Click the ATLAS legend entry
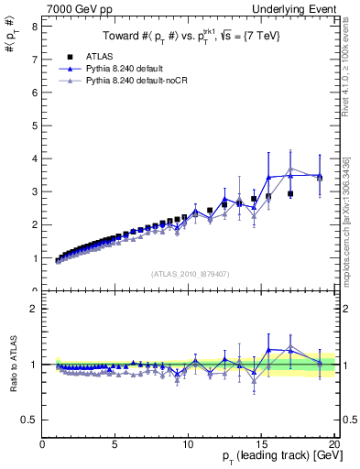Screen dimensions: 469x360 [101, 56]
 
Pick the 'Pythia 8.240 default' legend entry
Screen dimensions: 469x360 [129, 69]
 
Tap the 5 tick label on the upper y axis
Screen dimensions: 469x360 [34, 125]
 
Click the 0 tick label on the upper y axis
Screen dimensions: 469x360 [34, 290]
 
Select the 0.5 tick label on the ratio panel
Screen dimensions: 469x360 [30, 420]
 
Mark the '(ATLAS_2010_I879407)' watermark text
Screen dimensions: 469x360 [189, 274]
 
